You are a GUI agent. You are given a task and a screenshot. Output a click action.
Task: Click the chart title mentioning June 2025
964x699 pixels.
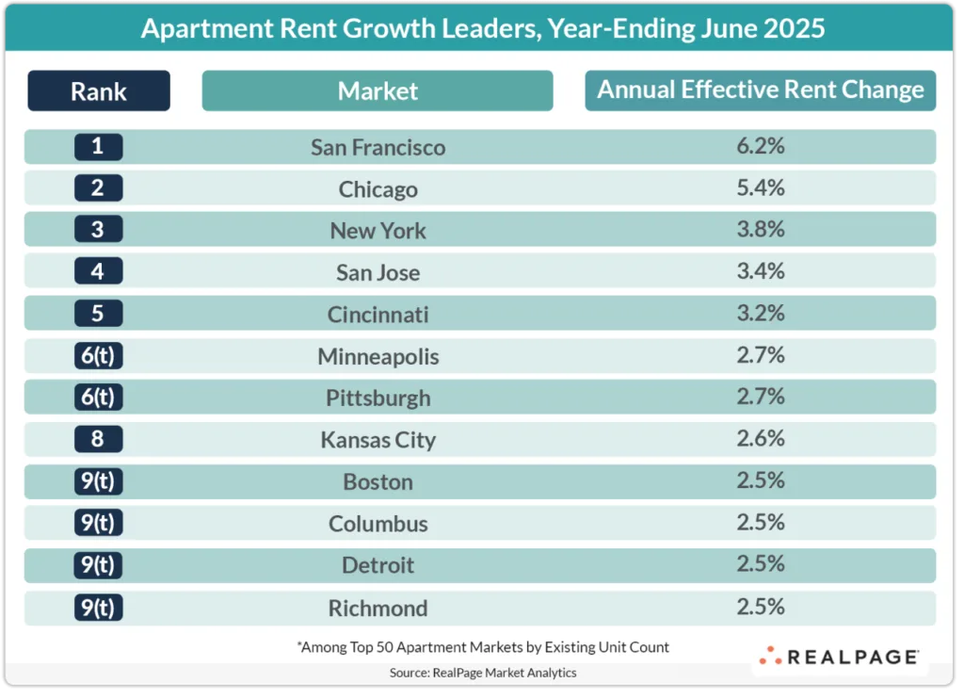[482, 28]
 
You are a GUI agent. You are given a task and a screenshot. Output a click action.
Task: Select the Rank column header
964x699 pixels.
[99, 91]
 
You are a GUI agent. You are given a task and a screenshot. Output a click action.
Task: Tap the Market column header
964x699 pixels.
[378, 91]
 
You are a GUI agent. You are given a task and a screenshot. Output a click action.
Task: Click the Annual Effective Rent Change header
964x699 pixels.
[761, 90]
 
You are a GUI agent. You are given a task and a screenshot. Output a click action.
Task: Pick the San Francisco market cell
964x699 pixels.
[378, 147]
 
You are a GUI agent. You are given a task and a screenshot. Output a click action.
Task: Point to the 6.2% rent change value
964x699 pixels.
[761, 146]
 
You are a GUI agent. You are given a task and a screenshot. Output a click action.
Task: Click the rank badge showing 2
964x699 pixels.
[99, 188]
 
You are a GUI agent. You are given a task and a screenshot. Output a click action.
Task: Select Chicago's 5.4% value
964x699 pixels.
[761, 187]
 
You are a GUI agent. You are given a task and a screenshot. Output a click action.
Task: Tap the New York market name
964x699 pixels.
[378, 231]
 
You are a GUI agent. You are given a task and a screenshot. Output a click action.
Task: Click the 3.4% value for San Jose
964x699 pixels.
[761, 271]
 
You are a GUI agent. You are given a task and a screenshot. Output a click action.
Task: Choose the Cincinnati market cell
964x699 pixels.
[378, 315]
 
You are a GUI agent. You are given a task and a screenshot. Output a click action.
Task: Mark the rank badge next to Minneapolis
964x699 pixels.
[99, 356]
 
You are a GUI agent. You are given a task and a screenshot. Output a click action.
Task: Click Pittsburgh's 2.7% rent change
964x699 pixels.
[761, 397]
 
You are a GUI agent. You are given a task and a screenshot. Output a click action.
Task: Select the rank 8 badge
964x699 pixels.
[99, 439]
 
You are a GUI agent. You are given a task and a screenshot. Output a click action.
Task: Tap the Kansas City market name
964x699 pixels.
[378, 440]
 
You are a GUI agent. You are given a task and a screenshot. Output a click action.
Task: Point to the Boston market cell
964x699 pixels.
[378, 481]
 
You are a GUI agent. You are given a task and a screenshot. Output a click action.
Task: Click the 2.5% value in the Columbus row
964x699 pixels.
[761, 522]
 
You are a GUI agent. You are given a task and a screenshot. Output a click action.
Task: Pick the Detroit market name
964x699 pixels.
[378, 565]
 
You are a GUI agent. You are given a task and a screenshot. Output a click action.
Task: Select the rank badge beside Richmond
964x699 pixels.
[99, 607]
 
